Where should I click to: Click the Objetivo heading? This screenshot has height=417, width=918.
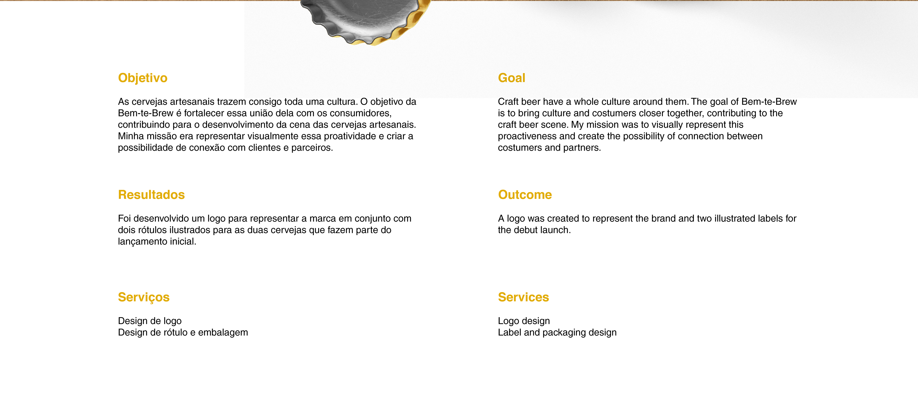(x=142, y=78)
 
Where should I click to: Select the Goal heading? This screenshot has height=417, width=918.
(x=511, y=78)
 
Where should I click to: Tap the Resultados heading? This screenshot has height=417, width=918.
(x=151, y=195)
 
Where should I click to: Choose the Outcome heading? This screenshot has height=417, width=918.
(x=525, y=195)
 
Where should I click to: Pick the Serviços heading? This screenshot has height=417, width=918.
(x=144, y=297)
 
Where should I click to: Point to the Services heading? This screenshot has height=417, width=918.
(x=523, y=297)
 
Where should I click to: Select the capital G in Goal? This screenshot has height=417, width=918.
(x=503, y=78)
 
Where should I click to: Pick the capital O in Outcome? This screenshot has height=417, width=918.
(x=503, y=195)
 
